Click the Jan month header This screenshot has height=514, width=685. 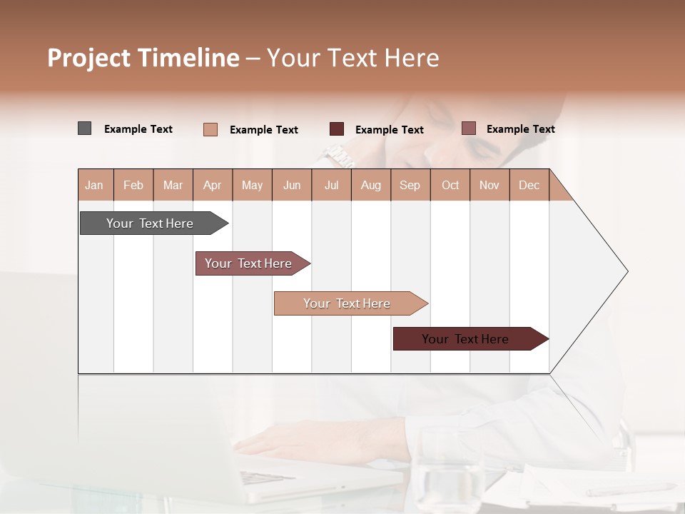[x=94, y=185]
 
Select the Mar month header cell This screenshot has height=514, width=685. [x=173, y=185]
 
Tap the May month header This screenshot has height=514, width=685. [x=252, y=185]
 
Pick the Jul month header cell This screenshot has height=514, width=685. [x=331, y=185]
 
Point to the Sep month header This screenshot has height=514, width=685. [x=410, y=185]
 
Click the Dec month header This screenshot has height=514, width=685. [x=529, y=185]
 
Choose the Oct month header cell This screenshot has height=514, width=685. [x=450, y=185]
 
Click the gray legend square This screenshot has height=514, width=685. [x=84, y=128]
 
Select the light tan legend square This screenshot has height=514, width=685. [x=210, y=129]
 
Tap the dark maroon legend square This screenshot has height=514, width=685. [x=337, y=129]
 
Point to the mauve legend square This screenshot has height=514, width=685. [x=468, y=128]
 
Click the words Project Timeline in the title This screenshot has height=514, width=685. [x=143, y=58]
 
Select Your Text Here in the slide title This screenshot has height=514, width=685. [x=352, y=58]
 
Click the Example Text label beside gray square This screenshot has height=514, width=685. [x=138, y=129]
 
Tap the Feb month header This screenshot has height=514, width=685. [x=133, y=185]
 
